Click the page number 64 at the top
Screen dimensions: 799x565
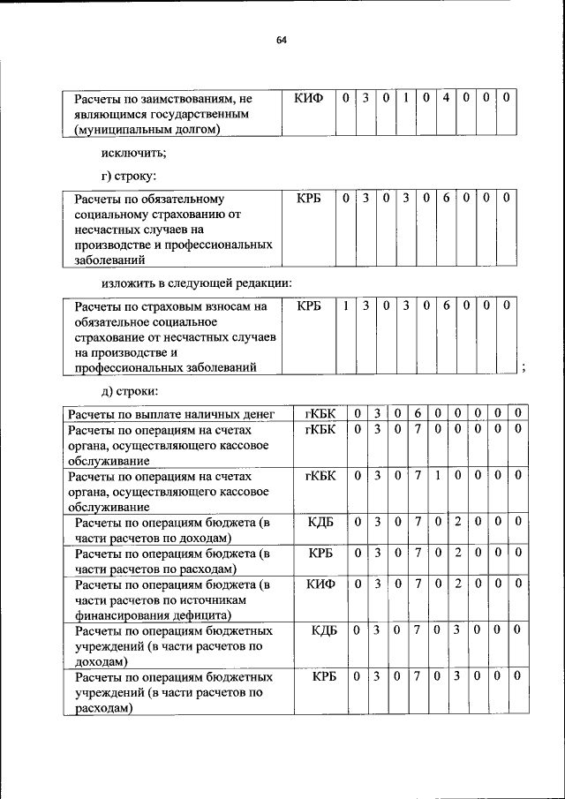[282, 40]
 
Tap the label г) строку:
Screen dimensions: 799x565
[130, 177]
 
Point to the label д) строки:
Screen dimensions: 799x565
[129, 392]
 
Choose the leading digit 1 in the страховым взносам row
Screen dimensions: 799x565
[346, 305]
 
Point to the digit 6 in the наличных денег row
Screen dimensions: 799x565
[416, 413]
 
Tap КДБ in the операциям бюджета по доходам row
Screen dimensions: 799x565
[320, 522]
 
